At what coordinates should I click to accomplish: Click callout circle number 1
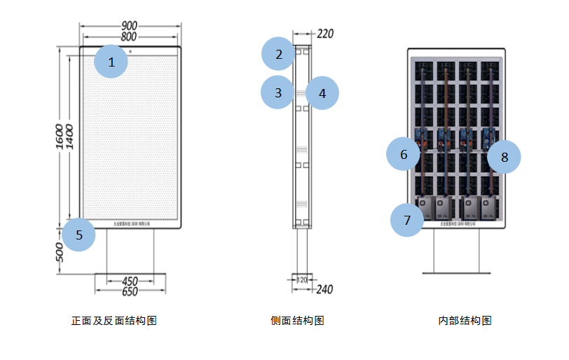click(111, 62)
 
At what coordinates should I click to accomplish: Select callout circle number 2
click(279, 54)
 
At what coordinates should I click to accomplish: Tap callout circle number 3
click(278, 92)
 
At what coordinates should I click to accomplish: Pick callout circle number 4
click(322, 93)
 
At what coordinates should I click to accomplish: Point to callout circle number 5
click(79, 235)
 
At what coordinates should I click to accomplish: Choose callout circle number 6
click(404, 155)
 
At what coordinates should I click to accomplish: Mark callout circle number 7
click(407, 220)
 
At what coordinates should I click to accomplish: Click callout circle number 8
click(505, 157)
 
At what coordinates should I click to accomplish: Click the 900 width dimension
click(130, 25)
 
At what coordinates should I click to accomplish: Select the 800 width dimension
click(130, 36)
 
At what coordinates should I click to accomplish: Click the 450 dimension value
click(130, 281)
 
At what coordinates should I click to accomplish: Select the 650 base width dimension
click(130, 291)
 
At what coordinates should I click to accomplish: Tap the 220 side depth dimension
click(326, 33)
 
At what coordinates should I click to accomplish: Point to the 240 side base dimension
click(326, 288)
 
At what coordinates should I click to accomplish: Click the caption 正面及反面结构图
click(114, 321)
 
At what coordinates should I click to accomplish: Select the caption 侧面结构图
click(297, 321)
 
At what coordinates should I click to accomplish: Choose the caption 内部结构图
click(465, 321)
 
